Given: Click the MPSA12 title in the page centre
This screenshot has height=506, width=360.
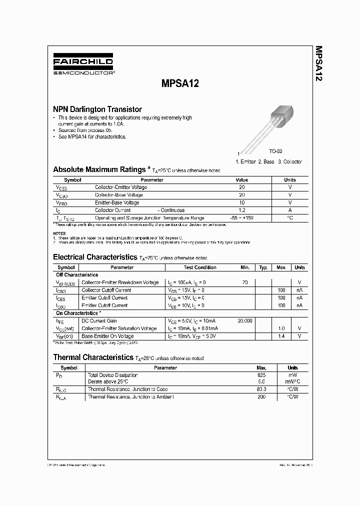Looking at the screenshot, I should [x=179, y=84].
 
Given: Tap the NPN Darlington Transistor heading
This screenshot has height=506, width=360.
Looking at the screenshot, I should [x=97, y=109].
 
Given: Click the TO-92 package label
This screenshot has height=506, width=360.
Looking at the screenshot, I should [x=276, y=151].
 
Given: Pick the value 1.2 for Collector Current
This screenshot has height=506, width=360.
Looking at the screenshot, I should [x=241, y=210].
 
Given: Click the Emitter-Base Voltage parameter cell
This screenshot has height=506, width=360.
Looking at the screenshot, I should [x=117, y=202].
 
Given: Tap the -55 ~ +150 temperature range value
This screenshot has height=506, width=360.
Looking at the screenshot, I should [x=241, y=218].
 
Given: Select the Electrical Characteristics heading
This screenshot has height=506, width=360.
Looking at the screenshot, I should [x=94, y=257].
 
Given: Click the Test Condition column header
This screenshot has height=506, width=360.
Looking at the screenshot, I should [x=200, y=267].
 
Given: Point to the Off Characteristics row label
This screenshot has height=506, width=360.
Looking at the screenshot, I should [x=77, y=275].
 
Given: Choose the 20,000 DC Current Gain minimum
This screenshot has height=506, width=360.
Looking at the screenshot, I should [x=244, y=320].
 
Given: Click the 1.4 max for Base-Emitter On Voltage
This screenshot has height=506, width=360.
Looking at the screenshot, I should [x=281, y=336].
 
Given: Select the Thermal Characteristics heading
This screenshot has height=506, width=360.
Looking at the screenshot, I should [x=93, y=357].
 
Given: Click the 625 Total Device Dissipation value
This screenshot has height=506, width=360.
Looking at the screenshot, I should [x=261, y=374].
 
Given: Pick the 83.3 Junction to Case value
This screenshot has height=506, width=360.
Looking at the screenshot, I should [x=261, y=389].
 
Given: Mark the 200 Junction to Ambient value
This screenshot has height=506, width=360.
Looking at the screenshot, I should [x=261, y=396].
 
